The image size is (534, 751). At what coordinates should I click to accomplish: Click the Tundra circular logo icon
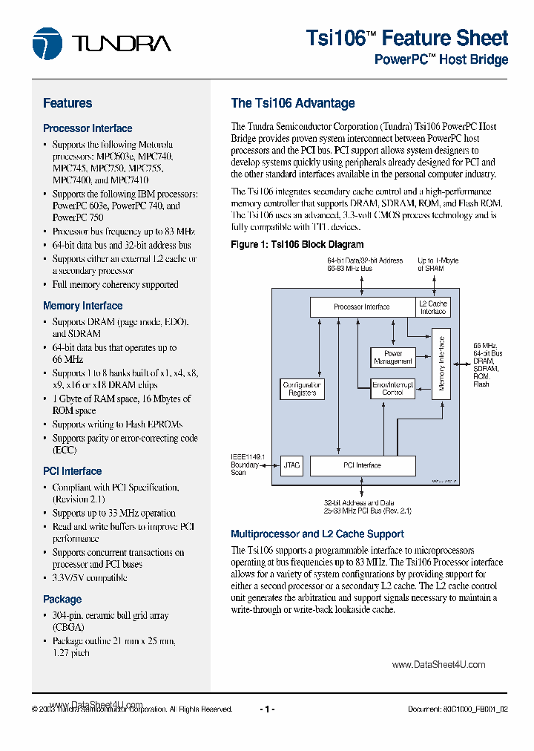[x=47, y=43]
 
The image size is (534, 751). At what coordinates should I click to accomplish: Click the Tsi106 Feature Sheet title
[x=406, y=38]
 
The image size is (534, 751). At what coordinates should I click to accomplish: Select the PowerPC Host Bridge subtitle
[x=441, y=60]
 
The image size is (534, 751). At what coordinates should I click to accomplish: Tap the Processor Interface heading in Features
[x=88, y=128]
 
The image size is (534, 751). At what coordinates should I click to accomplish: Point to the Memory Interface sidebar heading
[x=82, y=306]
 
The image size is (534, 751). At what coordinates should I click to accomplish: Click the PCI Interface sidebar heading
[x=72, y=471]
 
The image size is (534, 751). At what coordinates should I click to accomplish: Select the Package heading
[x=62, y=600]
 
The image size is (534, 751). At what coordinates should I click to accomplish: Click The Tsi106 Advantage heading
[x=293, y=103]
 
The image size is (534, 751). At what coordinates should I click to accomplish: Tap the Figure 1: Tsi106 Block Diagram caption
[x=297, y=244]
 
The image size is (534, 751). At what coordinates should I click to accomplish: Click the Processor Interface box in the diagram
[x=361, y=306]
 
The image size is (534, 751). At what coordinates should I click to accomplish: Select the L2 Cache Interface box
[x=432, y=307]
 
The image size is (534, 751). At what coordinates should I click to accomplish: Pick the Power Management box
[x=393, y=358]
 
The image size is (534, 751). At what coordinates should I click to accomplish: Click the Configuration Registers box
[x=302, y=389]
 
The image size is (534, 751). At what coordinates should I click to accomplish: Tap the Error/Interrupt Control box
[x=392, y=388]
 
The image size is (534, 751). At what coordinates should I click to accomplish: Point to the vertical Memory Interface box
[x=441, y=364]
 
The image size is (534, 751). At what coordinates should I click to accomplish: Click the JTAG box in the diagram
[x=291, y=465]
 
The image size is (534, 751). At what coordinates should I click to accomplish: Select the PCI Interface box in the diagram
[x=362, y=465]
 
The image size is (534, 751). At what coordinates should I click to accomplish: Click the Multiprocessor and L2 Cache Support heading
[x=317, y=534]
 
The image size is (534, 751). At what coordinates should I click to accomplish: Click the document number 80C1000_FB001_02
[x=458, y=709]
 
